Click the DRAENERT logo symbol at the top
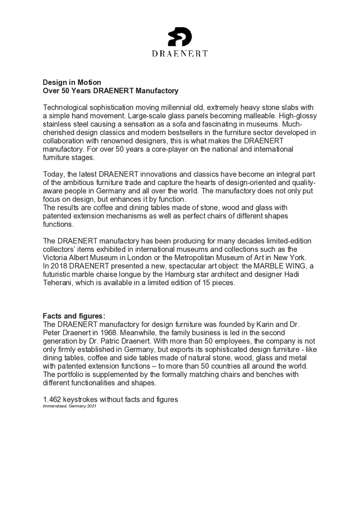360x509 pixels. [x=179, y=37]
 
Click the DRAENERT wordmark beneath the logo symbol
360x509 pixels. [x=180, y=53]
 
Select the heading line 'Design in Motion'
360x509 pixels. [x=71, y=82]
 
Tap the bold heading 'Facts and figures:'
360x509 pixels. [x=74, y=316]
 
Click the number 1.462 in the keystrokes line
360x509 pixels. [x=52, y=399]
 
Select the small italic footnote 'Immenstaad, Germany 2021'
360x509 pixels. [x=69, y=406]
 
